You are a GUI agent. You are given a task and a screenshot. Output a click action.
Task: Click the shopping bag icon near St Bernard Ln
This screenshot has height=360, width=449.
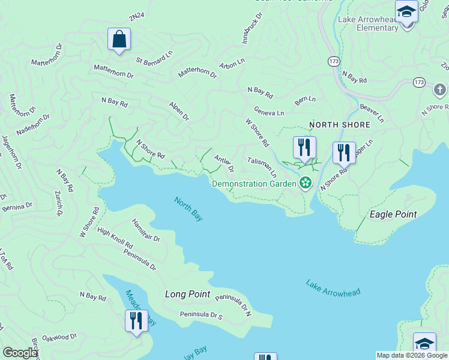[x=119, y=40]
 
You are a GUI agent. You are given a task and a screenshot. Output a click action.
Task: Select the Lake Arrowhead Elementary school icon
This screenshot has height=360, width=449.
[x=406, y=12]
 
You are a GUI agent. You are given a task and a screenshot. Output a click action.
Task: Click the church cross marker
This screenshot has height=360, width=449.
[x=439, y=90]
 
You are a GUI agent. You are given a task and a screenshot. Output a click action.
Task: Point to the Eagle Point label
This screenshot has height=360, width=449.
[x=393, y=214]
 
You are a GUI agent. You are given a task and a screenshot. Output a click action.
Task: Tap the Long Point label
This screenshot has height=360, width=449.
[x=188, y=294]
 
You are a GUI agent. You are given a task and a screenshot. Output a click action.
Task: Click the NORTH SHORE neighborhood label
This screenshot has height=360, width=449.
[x=337, y=125]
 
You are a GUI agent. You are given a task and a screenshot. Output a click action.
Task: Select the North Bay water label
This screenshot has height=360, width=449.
[x=188, y=209]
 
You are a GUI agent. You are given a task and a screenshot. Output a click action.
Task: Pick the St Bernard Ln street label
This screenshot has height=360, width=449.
[x=154, y=61]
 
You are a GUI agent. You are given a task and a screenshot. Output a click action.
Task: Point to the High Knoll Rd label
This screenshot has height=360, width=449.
[x=115, y=238]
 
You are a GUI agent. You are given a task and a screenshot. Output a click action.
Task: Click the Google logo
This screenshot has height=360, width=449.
[x=20, y=353]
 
